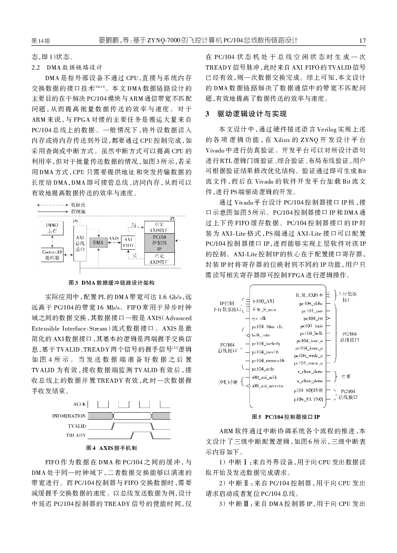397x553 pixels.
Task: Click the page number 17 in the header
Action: pyautogui.click(x=362, y=40)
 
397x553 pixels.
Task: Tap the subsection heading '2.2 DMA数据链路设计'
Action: pyautogui.click(x=67, y=66)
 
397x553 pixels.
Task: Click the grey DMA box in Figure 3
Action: pyautogui.click(x=98, y=243)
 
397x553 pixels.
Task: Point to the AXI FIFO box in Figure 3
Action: pyautogui.click(x=128, y=243)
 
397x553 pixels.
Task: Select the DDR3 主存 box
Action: pyautogui.click(x=52, y=228)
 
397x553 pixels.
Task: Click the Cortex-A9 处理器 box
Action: pyautogui.click(x=52, y=255)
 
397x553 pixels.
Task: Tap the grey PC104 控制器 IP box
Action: pyautogui.click(x=159, y=243)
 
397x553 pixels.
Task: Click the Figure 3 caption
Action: pyautogui.click(x=111, y=283)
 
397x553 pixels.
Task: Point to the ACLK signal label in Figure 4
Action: pyautogui.click(x=79, y=404)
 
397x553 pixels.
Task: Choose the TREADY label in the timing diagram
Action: pyautogui.click(x=76, y=435)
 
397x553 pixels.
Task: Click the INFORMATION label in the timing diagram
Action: pyautogui.click(x=69, y=416)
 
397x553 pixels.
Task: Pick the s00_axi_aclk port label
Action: pyautogui.click(x=264, y=378)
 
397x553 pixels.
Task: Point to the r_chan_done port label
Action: pyautogui.click(x=310, y=372)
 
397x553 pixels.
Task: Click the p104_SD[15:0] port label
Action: pyautogui.click(x=308, y=390)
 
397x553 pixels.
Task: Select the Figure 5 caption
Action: pyautogui.click(x=286, y=417)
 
